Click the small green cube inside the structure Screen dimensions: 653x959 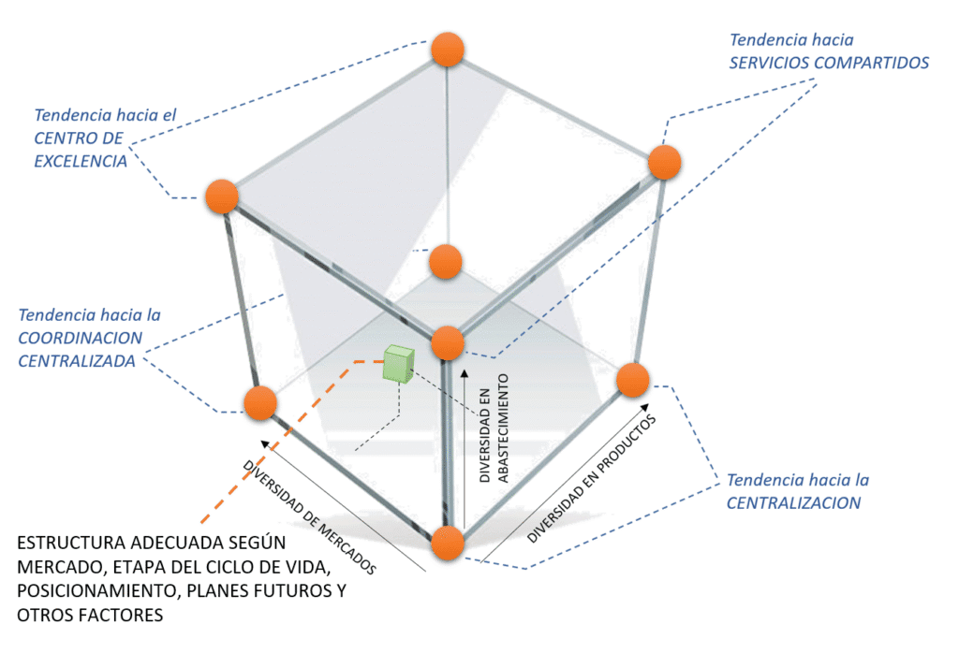(x=398, y=363)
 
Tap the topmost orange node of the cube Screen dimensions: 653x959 (x=448, y=49)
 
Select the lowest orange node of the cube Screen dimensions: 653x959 (x=448, y=544)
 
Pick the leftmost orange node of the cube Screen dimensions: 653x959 (x=222, y=196)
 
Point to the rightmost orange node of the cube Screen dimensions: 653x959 (x=664, y=162)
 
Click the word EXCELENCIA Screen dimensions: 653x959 (x=81, y=160)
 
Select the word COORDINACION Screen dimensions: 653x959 (x=81, y=338)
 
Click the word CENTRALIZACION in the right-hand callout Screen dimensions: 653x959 (x=794, y=502)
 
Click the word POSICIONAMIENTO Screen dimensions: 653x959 (x=90, y=591)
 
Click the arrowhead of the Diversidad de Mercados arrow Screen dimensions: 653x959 (x=266, y=445)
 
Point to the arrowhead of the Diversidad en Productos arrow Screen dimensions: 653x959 (x=649, y=409)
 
